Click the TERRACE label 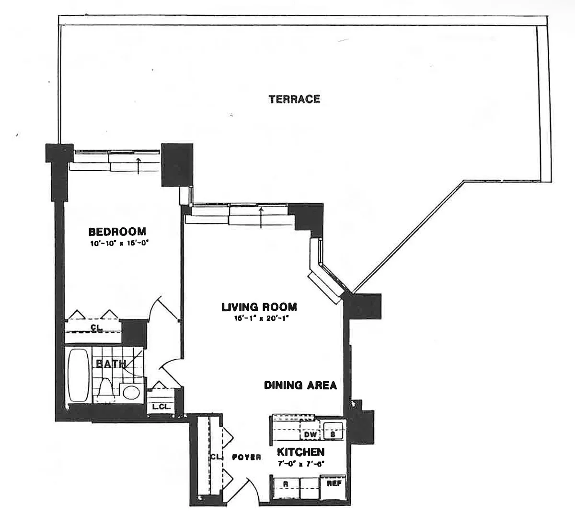click(x=294, y=99)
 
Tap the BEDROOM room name click(x=117, y=232)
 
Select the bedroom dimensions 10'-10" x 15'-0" click(x=119, y=244)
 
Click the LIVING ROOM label click(x=259, y=307)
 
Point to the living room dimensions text click(x=261, y=318)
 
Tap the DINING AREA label click(x=300, y=385)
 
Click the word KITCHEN click(x=300, y=452)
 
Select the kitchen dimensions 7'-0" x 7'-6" click(x=301, y=464)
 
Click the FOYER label click(x=246, y=457)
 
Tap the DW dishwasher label click(x=310, y=434)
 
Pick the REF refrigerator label click(x=334, y=483)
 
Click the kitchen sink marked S click(x=333, y=431)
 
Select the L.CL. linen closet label click(x=161, y=407)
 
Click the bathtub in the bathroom click(x=78, y=375)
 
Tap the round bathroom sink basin click(x=131, y=392)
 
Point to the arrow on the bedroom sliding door click(x=138, y=165)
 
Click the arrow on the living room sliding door click(x=261, y=218)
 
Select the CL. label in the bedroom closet click(x=96, y=328)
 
